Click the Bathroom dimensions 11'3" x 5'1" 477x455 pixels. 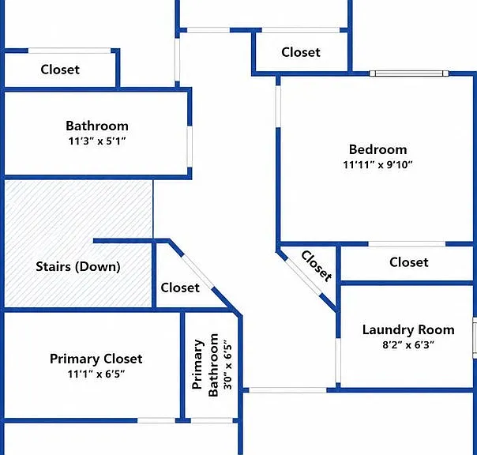tap(97, 141)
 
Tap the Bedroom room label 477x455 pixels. tap(377, 149)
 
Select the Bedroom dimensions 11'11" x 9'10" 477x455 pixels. tap(377, 164)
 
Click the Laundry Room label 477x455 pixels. tap(408, 330)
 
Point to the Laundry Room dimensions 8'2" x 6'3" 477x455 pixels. tap(408, 345)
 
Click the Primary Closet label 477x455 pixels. tap(96, 359)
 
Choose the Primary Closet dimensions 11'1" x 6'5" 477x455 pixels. tap(96, 374)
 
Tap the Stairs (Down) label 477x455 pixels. tap(78, 267)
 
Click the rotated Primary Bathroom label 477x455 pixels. tap(205, 365)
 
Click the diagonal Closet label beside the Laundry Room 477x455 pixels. tap(317, 266)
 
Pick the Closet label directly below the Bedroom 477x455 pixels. tap(409, 262)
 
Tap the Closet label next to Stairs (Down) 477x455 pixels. tap(180, 288)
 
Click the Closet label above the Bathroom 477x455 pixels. tap(60, 70)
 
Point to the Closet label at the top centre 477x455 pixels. tap(301, 52)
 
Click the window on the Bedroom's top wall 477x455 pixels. tap(409, 73)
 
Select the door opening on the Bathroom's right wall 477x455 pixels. tap(190, 147)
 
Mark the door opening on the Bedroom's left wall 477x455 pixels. tap(278, 107)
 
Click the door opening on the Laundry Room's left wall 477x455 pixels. tap(338, 360)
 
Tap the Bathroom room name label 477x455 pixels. tap(97, 126)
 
